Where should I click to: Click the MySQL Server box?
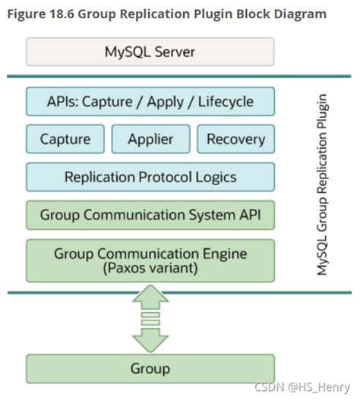tap(150, 52)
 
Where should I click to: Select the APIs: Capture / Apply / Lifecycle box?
tap(150, 101)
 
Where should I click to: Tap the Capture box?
tap(65, 139)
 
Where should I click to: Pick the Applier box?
tap(150, 139)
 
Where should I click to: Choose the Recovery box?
tap(235, 139)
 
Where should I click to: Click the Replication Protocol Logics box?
tap(150, 177)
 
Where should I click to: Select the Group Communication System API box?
tap(150, 216)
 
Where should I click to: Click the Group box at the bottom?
tap(150, 369)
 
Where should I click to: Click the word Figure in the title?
tap(29, 14)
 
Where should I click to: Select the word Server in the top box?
tap(175, 52)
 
